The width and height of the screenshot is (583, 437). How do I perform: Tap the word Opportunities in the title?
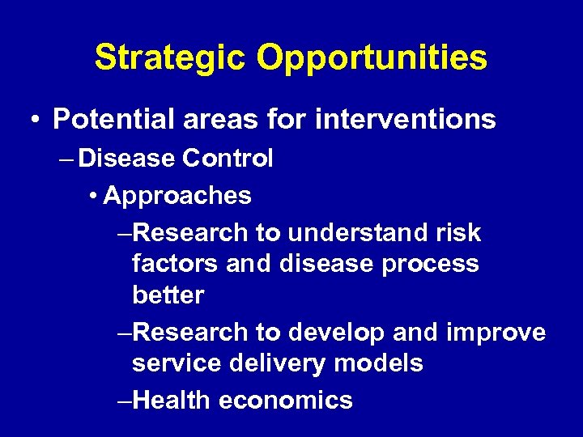point(372,58)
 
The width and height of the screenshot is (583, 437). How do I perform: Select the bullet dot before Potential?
point(37,120)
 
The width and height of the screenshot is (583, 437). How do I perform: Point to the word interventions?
point(405,120)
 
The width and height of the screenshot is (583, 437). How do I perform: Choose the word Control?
point(228,159)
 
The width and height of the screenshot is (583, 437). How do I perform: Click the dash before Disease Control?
point(66,159)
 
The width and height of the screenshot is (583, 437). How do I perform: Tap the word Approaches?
point(178,196)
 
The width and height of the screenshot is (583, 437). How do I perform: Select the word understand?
point(365,233)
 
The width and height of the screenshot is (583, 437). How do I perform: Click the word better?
point(168,295)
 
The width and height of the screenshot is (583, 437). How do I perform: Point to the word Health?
point(171,400)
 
